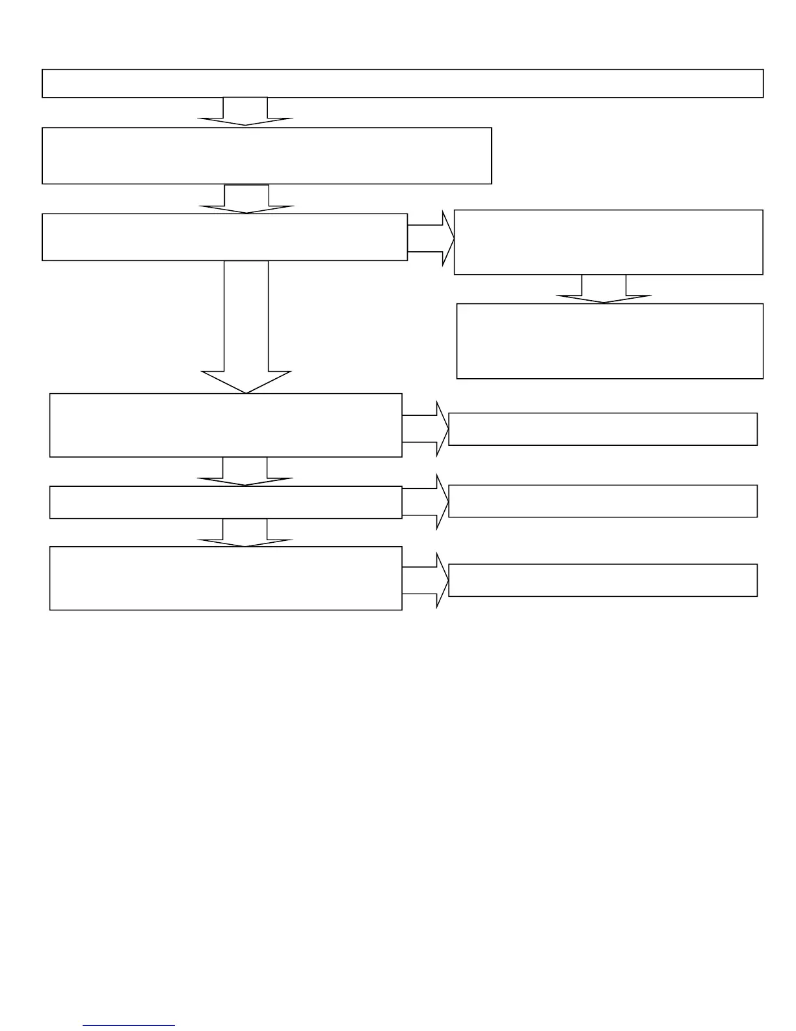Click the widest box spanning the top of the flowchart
coord(402,83)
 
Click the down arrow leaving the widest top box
coord(245,111)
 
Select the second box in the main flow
coord(267,156)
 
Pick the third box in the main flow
coord(224,237)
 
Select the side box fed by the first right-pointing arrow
coord(608,242)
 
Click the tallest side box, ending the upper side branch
coord(609,341)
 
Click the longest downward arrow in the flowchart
coord(246,325)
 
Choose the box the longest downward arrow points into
coord(226,425)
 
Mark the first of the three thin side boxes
coord(603,429)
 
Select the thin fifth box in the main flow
coord(226,502)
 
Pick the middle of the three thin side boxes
coord(603,501)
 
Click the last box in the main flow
coord(226,578)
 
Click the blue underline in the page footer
coord(129,1026)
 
